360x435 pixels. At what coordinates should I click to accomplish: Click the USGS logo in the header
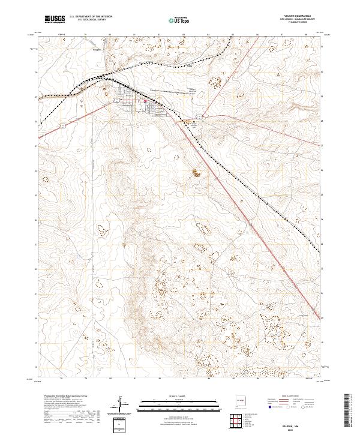(x=55, y=19)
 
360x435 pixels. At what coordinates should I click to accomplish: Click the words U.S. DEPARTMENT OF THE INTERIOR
(x=91, y=17)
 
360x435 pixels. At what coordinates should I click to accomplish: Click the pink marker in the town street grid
(x=145, y=101)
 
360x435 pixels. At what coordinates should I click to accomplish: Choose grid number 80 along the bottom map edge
(x=110, y=379)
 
